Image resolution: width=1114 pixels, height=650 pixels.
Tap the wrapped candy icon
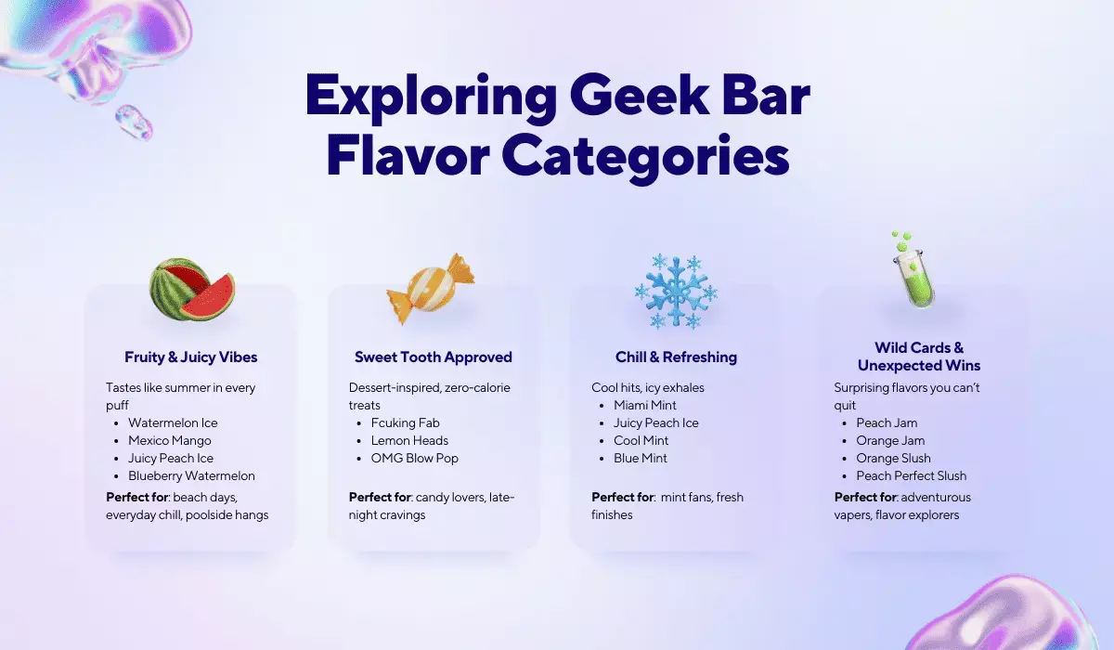(x=430, y=289)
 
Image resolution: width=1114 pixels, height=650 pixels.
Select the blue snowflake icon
(x=676, y=291)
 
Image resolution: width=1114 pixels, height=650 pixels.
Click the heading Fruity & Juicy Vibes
(x=191, y=357)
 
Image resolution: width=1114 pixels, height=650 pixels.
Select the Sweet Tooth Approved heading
(x=434, y=357)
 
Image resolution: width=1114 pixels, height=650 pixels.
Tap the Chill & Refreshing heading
(x=676, y=357)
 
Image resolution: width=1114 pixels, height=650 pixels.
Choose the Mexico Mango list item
(x=170, y=440)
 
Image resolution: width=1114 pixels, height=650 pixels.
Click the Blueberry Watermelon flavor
(x=191, y=475)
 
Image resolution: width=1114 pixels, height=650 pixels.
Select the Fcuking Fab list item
(x=406, y=422)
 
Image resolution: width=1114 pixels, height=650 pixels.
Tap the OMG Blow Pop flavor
(x=415, y=458)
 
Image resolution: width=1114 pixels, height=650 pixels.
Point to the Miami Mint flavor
(x=645, y=405)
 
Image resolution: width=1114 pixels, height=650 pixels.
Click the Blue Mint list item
(x=641, y=458)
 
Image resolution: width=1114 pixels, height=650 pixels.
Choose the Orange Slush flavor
(x=894, y=458)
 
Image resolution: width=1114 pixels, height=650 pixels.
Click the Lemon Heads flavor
(x=409, y=440)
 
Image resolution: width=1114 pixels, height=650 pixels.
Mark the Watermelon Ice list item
(x=173, y=422)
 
